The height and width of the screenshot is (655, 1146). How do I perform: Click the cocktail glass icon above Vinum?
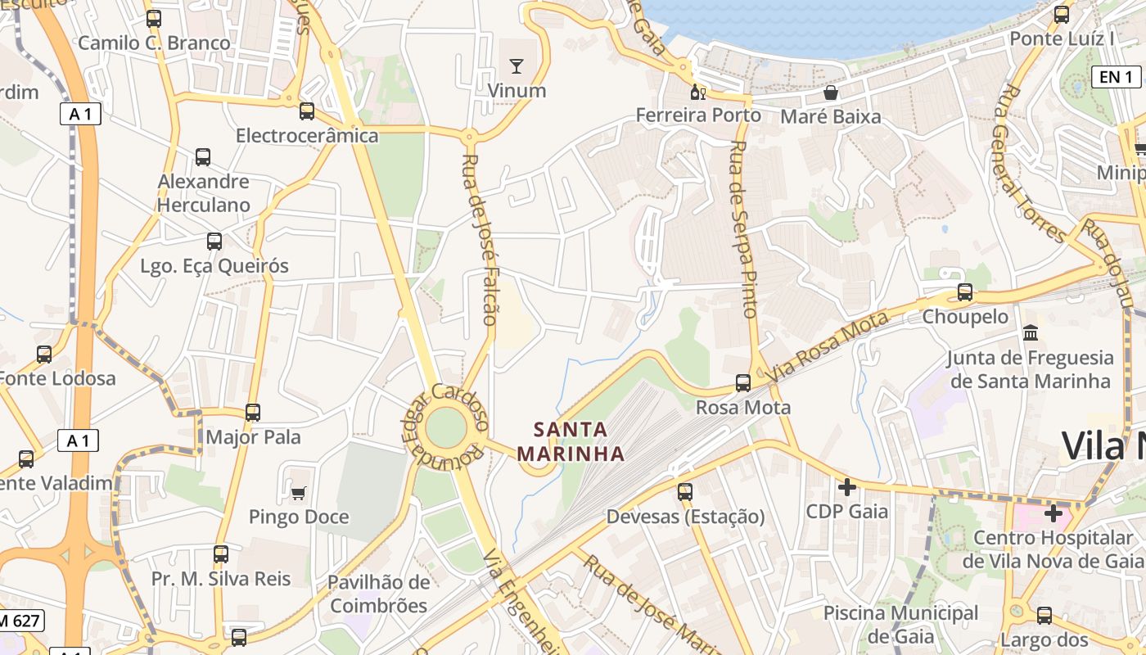click(516, 65)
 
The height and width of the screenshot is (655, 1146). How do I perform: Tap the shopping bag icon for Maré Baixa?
click(831, 93)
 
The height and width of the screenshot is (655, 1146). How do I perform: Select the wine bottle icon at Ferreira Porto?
click(697, 91)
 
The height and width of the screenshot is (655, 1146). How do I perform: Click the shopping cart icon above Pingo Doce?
click(299, 492)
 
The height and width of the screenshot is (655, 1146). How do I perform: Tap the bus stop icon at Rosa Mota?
click(743, 382)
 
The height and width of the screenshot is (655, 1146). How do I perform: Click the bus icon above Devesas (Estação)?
click(685, 492)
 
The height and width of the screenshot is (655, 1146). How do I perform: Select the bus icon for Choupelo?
click(965, 292)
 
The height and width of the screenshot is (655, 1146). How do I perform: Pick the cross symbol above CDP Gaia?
click(847, 487)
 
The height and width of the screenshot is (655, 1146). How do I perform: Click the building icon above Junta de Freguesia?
click(1031, 333)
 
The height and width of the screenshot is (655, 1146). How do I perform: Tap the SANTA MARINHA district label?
click(571, 441)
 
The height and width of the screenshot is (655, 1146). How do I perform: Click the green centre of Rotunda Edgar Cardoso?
click(446, 428)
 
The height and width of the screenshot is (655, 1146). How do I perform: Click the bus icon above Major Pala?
click(253, 413)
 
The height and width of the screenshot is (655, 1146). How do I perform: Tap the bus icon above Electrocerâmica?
click(307, 111)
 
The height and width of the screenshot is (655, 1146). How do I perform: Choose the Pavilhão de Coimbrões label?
click(378, 594)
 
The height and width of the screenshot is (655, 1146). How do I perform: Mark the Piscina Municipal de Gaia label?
click(900, 624)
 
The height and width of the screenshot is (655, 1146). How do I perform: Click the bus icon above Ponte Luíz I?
click(1062, 14)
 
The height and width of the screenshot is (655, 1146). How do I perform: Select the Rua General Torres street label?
click(1030, 164)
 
